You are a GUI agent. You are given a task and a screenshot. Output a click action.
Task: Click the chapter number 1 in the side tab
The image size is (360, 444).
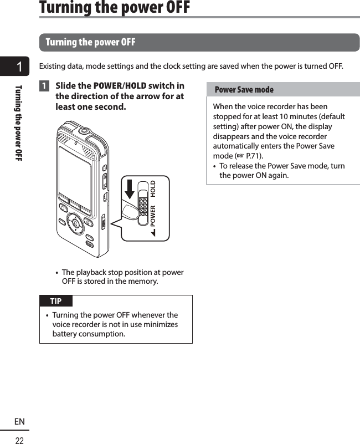(19, 68)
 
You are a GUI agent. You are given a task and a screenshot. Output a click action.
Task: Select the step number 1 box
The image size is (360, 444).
(44, 86)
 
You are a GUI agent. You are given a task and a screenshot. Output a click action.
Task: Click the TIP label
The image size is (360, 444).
(56, 301)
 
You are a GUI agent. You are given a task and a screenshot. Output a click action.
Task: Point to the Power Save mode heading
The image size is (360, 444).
(244, 90)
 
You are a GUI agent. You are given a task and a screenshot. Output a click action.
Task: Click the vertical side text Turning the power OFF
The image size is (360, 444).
(19, 123)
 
